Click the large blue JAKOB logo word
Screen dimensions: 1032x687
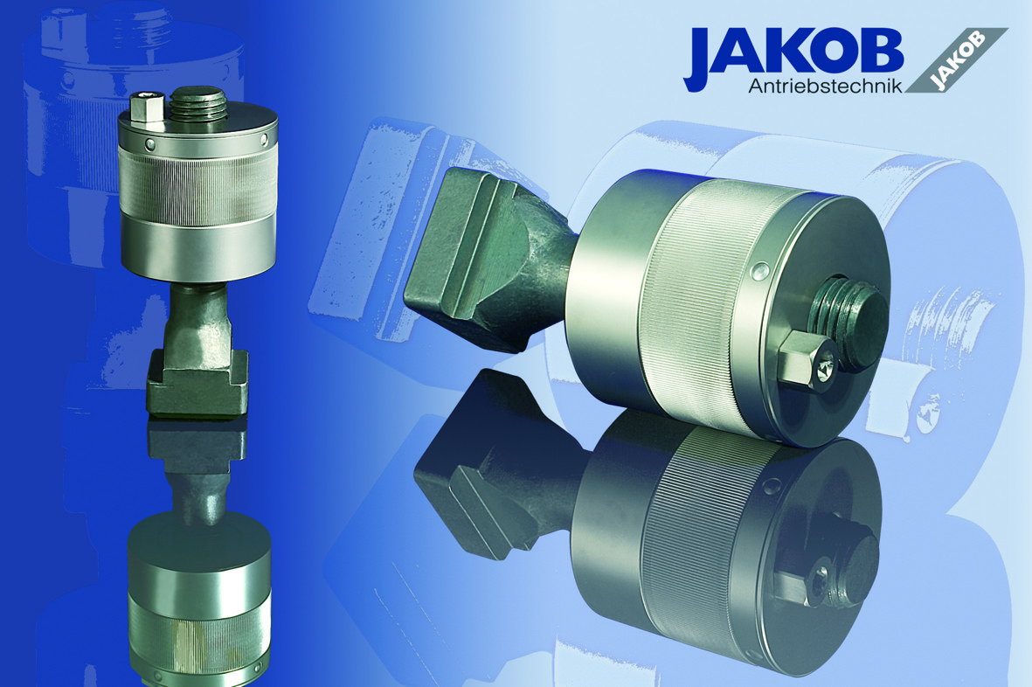tap(793, 52)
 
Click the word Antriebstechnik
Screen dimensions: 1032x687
tap(825, 86)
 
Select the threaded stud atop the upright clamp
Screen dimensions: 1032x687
tap(198, 105)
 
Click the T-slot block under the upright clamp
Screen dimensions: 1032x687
tap(197, 382)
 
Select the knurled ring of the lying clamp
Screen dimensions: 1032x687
tap(704, 309)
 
